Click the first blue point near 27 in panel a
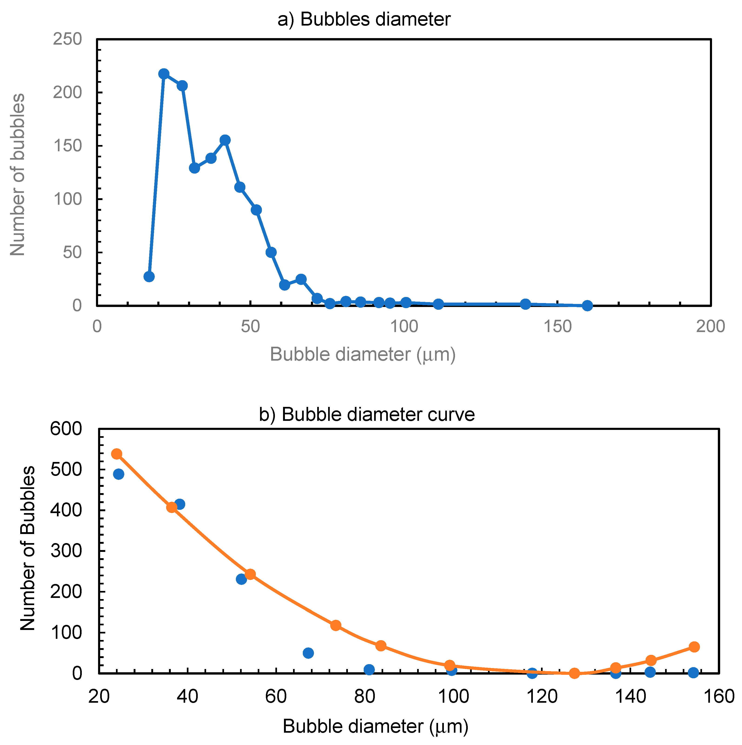tap(149, 277)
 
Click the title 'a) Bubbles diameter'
tap(364, 19)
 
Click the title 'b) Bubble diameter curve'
tap(367, 415)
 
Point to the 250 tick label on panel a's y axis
tap(67, 39)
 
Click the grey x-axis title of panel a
tap(363, 354)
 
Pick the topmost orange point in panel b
tap(116, 454)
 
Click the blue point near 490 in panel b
tap(118, 474)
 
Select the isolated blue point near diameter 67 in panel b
tap(308, 642)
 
